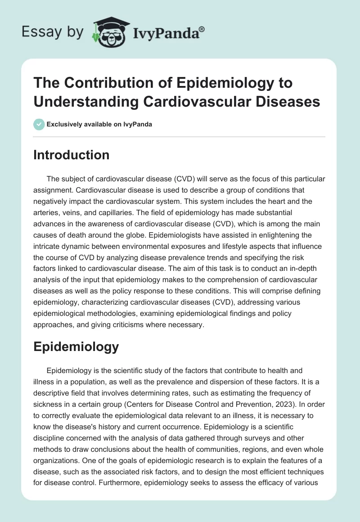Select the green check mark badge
(39, 124)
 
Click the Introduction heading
(72, 155)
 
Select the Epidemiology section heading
(76, 346)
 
